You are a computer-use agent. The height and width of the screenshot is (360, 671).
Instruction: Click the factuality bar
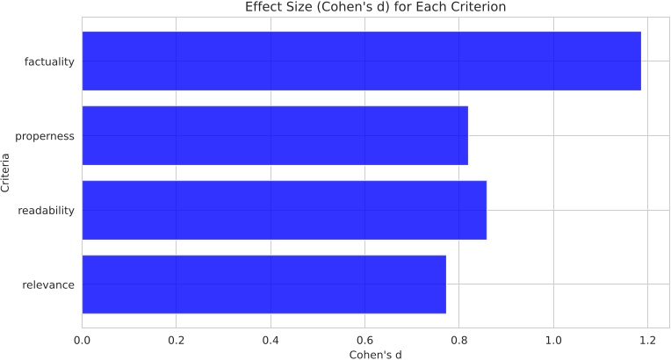tap(361, 61)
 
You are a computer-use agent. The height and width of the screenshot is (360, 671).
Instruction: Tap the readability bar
tap(284, 210)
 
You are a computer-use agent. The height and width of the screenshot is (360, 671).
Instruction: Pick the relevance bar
tap(263, 284)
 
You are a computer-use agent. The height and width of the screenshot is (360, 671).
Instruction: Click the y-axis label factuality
tap(50, 61)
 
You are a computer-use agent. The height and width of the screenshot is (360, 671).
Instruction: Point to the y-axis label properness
tap(46, 136)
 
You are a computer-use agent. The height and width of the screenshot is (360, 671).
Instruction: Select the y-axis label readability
tap(46, 211)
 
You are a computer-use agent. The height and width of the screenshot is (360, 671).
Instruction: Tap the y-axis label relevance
tap(49, 285)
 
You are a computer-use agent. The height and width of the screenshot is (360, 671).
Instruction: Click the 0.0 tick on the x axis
tap(83, 339)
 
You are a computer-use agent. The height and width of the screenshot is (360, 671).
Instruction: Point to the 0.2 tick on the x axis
tap(177, 339)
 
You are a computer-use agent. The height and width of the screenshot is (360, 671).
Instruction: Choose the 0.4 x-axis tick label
tap(271, 339)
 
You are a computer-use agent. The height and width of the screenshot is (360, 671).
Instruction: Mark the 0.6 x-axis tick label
tap(364, 339)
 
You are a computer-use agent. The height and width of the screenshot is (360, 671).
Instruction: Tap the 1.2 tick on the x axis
tap(647, 339)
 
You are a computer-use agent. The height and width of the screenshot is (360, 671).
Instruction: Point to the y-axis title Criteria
tap(7, 173)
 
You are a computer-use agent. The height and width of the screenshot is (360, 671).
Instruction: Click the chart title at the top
tap(375, 8)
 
